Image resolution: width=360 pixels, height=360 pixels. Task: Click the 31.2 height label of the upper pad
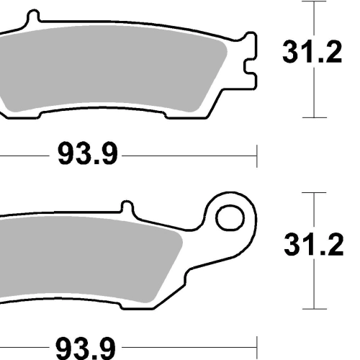pyautogui.click(x=312, y=52)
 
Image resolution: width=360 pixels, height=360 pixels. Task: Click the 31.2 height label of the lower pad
pyautogui.click(x=314, y=245)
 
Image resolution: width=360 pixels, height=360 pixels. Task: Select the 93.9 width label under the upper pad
pyautogui.click(x=88, y=153)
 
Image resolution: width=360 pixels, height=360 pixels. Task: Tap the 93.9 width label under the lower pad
pyautogui.click(x=86, y=348)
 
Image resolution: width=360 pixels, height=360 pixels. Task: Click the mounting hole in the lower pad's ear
pyautogui.click(x=230, y=218)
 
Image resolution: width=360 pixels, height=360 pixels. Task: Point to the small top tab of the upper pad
pyautogui.click(x=33, y=17)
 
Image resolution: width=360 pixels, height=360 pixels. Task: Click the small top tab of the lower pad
pyautogui.click(x=127, y=207)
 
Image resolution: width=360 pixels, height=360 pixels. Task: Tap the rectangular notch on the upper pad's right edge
pyautogui.click(x=250, y=66)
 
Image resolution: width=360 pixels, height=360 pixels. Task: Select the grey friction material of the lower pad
pyautogui.click(x=89, y=259)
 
